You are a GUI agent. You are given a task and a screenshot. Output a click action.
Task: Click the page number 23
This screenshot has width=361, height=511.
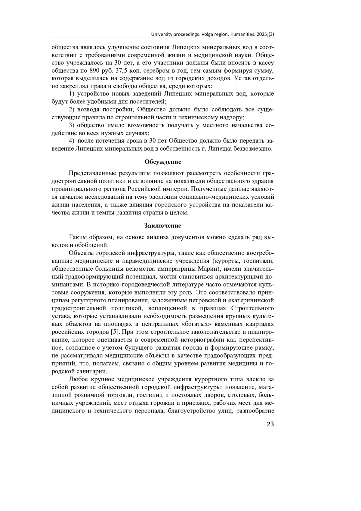(270, 424)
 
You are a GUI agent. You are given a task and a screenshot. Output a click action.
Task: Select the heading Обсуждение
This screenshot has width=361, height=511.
(163, 162)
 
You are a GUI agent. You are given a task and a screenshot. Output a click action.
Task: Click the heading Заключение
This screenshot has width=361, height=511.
(163, 226)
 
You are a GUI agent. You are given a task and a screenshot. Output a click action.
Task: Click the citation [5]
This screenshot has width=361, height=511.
(116, 332)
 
